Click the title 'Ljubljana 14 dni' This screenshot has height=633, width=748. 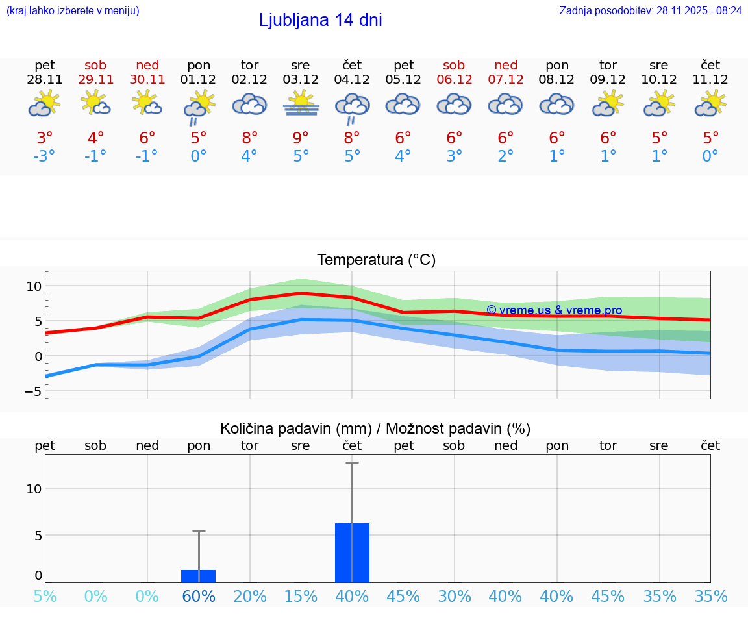pos(320,20)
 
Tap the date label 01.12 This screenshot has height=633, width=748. pos(199,80)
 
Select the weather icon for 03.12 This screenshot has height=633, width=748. pos(301,104)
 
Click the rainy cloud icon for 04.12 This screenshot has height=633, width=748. pos(352,108)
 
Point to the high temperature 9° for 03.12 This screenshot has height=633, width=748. pos(301,138)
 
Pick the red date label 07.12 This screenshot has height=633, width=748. pos(506,80)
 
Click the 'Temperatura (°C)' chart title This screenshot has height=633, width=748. pos(376,260)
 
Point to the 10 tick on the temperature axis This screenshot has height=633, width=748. pos(34,286)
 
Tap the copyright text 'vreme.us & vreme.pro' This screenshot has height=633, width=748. pos(555,310)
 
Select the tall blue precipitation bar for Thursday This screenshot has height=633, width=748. pos(352,552)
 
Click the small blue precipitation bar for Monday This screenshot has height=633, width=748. pos(198,576)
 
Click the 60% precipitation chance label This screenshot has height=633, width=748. pos(199,597)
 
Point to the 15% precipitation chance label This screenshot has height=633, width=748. pos(301,597)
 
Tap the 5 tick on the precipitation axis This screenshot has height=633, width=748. pos(38,536)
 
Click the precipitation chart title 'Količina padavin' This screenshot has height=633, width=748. pos(296,428)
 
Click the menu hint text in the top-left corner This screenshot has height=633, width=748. pos(72,10)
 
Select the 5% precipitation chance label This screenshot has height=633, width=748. pos(45,597)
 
